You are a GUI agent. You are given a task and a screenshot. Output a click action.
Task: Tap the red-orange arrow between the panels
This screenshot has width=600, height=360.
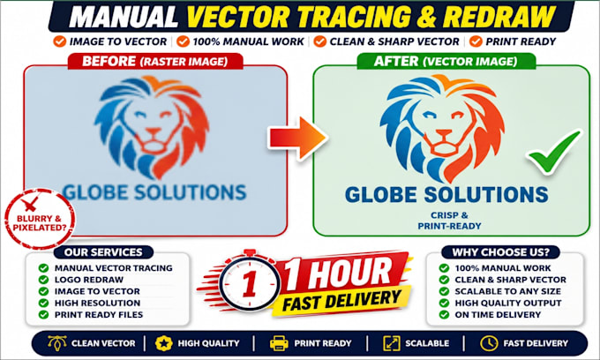tap(297, 139)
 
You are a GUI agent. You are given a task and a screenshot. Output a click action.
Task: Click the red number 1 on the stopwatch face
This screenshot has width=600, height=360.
tap(250, 284)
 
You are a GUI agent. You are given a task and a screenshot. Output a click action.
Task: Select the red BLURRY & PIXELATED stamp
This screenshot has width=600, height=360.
tap(40, 219)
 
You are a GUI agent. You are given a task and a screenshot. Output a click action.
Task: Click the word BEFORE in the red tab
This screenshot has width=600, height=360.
tap(109, 61)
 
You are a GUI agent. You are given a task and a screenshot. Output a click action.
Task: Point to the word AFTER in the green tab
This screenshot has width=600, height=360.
tap(396, 61)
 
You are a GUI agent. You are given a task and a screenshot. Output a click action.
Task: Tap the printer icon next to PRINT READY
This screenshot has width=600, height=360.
tap(279, 343)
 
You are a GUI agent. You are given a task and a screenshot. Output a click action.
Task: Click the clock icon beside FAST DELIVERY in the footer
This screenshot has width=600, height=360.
tap(489, 343)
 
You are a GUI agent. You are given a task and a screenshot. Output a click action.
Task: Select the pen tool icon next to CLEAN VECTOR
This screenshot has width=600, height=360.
tap(57, 342)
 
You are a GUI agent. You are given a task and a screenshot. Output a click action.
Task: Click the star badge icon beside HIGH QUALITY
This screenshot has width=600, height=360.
tap(164, 343)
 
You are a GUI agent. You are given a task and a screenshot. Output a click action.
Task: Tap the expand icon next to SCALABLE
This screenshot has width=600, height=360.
tap(392, 343)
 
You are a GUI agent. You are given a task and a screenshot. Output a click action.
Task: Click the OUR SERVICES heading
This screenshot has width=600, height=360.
tap(103, 252)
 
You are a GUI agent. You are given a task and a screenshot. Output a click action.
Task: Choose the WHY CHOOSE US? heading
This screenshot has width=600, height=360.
tap(500, 252)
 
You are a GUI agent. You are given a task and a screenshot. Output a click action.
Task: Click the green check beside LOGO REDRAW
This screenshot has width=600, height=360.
tap(43, 280)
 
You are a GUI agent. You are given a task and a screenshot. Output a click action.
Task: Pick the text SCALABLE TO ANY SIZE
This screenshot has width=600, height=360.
tap(507, 291)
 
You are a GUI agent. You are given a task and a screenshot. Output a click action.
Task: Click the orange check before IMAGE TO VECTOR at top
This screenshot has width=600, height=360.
tap(60, 41)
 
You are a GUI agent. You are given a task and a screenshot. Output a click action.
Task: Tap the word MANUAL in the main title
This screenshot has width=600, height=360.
tap(124, 17)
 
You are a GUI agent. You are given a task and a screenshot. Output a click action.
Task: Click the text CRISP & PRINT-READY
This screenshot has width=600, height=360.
tap(449, 221)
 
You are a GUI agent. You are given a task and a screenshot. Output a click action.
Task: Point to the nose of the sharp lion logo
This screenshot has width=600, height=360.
tap(444, 133)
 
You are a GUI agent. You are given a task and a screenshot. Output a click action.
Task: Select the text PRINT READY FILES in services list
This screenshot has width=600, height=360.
tap(99, 314)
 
